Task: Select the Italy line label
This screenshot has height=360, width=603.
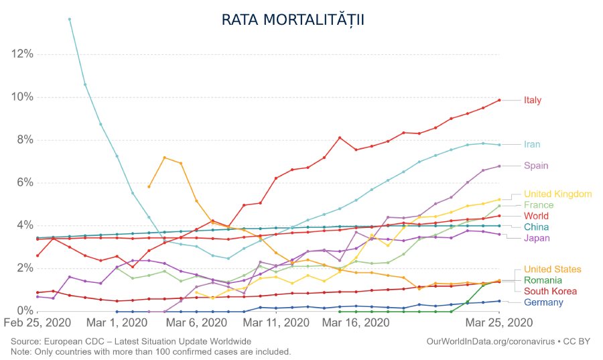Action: click(x=533, y=101)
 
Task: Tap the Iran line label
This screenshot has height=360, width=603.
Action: click(x=532, y=144)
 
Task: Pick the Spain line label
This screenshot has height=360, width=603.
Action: click(x=535, y=166)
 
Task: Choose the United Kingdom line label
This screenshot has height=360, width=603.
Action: click(x=557, y=194)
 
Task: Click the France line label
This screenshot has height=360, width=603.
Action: click(x=539, y=204)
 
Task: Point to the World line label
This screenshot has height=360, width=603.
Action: click(x=536, y=216)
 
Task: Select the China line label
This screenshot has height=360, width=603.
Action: click(x=535, y=227)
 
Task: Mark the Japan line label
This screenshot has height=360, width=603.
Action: click(x=537, y=238)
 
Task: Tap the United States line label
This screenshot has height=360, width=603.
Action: click(x=553, y=269)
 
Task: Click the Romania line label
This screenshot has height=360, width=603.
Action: click(x=543, y=280)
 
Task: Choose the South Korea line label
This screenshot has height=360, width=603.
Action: click(x=549, y=291)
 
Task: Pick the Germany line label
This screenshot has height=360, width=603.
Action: click(x=543, y=302)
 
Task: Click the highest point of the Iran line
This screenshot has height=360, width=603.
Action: click(x=69, y=19)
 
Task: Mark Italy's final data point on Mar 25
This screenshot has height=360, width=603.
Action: click(x=498, y=100)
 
